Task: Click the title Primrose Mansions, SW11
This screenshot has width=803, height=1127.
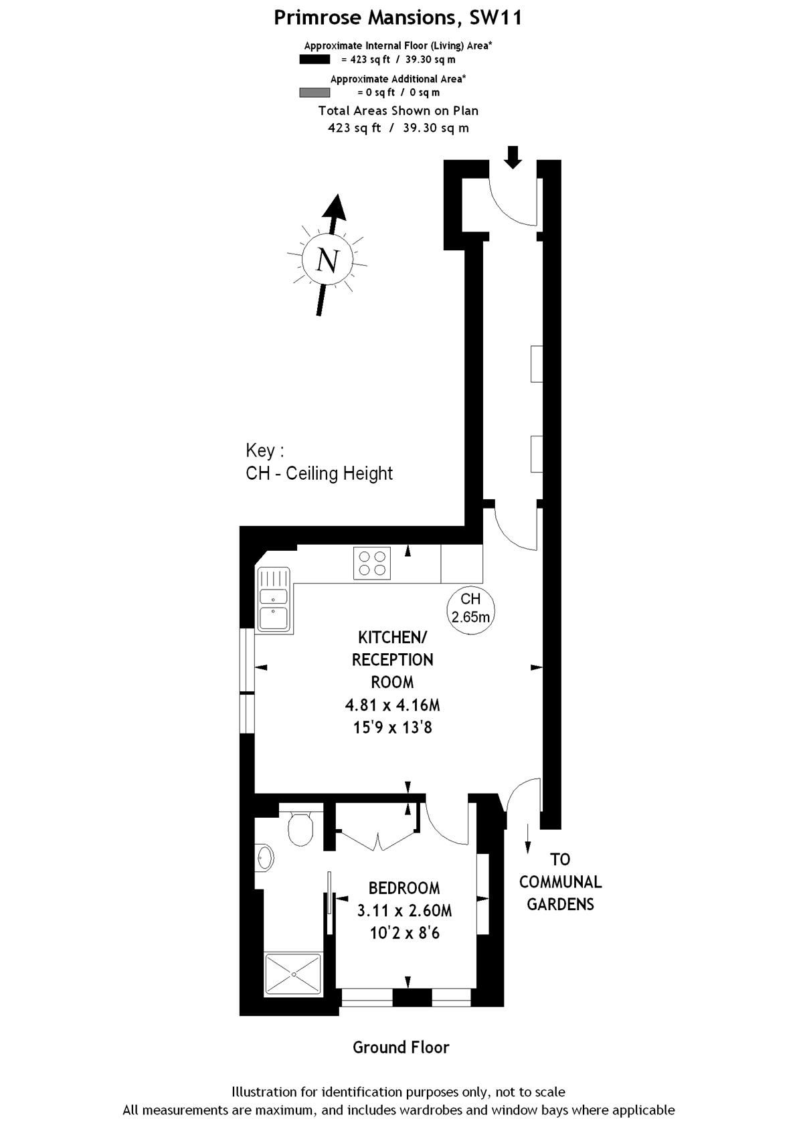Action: pos(397,17)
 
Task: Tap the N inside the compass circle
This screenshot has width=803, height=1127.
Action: pos(327,260)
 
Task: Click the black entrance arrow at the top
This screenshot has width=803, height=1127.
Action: pos(513,157)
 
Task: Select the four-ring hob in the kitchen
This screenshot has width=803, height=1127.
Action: pos(373,563)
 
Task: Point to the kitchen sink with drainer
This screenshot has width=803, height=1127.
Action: pos(274,600)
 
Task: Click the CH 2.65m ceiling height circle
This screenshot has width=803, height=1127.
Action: pos(470,608)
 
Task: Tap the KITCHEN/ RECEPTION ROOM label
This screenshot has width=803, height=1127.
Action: pos(393,659)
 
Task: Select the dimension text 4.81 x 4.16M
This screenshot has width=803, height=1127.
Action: pos(393,705)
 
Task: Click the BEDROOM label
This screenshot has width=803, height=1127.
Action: pos(404,888)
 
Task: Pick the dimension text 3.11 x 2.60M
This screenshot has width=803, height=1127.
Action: pos(404,911)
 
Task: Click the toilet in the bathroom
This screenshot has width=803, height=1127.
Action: pos(300,828)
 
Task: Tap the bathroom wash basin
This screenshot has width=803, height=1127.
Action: pos(265,858)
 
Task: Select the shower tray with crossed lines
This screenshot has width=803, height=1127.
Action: pos(293,974)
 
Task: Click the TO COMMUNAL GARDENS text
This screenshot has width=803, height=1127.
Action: pos(560,881)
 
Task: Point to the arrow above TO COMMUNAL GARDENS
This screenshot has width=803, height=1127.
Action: pos(528,839)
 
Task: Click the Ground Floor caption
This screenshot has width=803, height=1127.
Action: pos(401,1047)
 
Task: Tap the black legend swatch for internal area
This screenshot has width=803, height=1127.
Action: pos(315,59)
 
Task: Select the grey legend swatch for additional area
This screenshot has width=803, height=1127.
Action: pos(315,92)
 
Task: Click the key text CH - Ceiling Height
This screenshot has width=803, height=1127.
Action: pos(319,473)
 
